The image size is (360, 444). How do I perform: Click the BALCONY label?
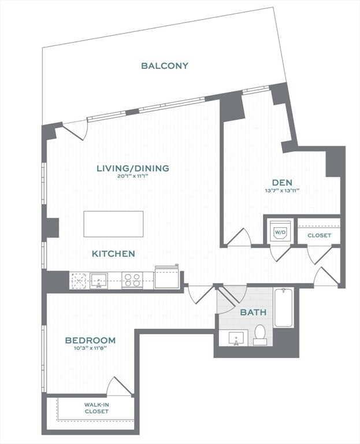(165, 66)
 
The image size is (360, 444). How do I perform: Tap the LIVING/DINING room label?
(133, 168)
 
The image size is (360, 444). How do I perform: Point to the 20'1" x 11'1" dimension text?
(133, 177)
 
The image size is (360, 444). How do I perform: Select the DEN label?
(282, 183)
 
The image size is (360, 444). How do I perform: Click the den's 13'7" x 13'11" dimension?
(282, 191)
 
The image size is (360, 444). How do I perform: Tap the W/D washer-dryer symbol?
(280, 232)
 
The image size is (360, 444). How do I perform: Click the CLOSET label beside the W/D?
(319, 235)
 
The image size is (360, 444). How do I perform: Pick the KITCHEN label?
(113, 254)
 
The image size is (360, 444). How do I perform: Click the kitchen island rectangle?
(113, 224)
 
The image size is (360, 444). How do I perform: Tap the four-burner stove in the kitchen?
(132, 280)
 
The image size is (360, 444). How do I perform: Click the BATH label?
(253, 312)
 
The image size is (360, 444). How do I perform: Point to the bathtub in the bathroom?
(284, 308)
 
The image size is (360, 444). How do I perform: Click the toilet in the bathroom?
(260, 335)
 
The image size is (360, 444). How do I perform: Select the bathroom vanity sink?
(236, 337)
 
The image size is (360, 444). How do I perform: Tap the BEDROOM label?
(90, 341)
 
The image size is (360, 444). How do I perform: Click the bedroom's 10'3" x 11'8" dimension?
(90, 349)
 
